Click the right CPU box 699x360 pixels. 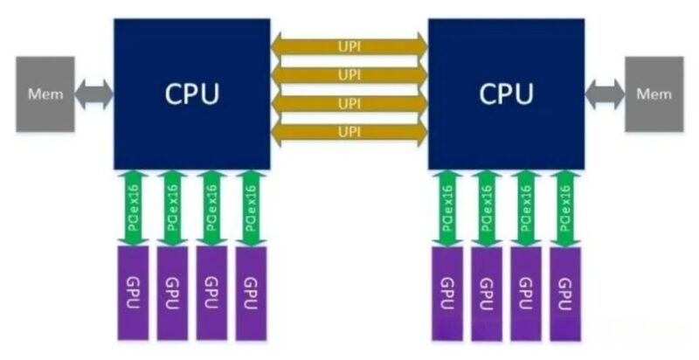click(506, 93)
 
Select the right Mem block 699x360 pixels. click(653, 93)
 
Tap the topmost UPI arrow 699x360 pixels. click(349, 45)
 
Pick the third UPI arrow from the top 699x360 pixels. click(349, 104)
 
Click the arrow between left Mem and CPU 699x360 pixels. click(95, 93)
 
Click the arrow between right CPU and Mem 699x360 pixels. click(604, 93)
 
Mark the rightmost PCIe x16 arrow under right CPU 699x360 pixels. click(565, 208)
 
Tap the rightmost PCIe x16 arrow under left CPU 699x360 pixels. click(252, 208)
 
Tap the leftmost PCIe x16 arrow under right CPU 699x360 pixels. click(447, 208)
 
